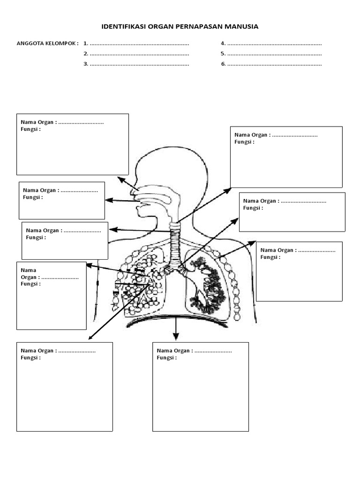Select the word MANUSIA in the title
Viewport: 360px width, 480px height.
click(x=240, y=27)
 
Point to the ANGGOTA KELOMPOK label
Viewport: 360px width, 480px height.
click(x=47, y=44)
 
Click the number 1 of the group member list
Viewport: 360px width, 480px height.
click(x=85, y=44)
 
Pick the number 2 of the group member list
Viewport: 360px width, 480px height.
click(x=85, y=54)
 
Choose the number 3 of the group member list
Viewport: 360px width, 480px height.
click(x=85, y=64)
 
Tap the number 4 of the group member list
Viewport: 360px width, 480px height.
click(x=223, y=44)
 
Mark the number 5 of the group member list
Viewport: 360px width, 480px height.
click(x=223, y=54)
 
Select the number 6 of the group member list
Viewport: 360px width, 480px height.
click(x=223, y=64)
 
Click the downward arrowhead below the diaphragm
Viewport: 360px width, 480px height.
click(x=176, y=337)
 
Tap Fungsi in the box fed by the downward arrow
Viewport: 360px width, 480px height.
click(x=166, y=358)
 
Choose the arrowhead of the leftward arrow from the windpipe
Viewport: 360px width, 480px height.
click(x=112, y=230)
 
